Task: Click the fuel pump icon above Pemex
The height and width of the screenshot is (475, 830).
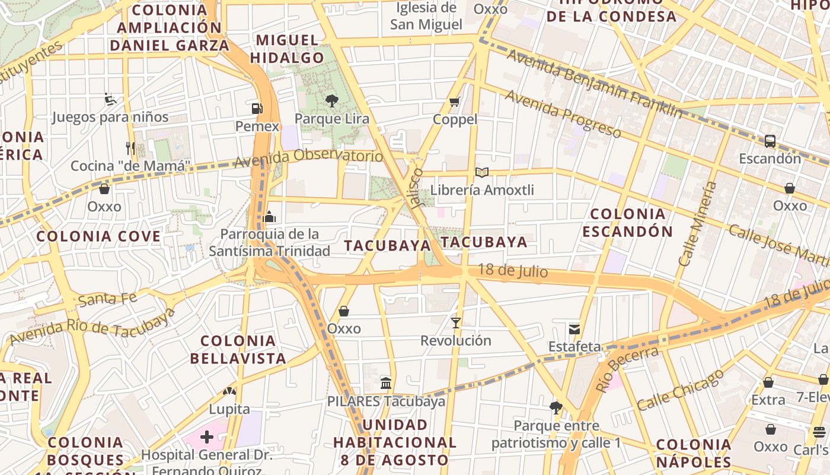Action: (x=257, y=109)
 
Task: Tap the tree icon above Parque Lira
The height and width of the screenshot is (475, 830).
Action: (x=332, y=100)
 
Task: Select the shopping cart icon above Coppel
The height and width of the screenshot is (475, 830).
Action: (x=455, y=102)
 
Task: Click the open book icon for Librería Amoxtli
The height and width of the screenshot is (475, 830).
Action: (x=482, y=173)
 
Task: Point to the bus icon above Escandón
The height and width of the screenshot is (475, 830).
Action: (x=770, y=141)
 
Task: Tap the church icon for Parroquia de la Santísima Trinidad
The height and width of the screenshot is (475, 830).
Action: (x=269, y=217)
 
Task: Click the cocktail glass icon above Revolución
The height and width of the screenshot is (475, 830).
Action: (x=455, y=323)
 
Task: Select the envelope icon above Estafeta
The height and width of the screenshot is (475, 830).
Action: (x=574, y=329)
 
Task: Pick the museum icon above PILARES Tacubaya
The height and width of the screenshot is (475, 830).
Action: (x=386, y=383)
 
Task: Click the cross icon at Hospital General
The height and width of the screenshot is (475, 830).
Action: (x=206, y=438)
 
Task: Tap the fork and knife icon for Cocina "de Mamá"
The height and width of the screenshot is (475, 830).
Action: (x=130, y=148)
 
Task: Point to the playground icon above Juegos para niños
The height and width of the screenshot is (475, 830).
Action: (x=110, y=99)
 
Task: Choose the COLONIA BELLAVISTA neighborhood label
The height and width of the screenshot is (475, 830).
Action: (x=238, y=350)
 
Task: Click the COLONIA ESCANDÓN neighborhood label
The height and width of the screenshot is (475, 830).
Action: (x=628, y=223)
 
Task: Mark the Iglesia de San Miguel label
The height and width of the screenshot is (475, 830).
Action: (x=426, y=16)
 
